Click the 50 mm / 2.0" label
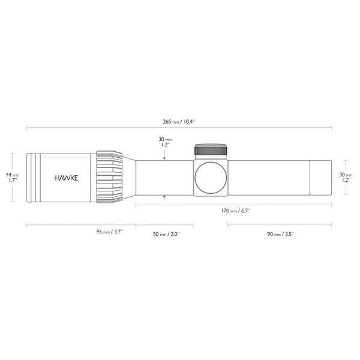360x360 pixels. pyautogui.click(x=165, y=232)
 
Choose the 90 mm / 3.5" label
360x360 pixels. pyautogui.click(x=280, y=232)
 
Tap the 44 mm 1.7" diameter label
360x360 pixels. pyautogui.click(x=11, y=178)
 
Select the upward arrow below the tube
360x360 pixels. pyautogui.click(x=164, y=196)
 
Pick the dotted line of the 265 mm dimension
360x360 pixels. pyautogui.click(x=90, y=128)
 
